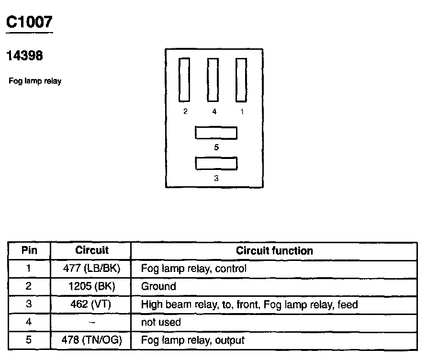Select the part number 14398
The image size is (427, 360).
[24, 56]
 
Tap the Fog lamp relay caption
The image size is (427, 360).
[35, 81]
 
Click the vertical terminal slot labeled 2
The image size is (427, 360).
[184, 80]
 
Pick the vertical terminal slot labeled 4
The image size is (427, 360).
[213, 80]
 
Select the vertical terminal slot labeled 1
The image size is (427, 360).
[241, 80]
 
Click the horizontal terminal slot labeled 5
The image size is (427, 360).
[216, 133]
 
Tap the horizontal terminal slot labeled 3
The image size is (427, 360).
[216, 163]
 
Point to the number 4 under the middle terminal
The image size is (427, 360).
[214, 112]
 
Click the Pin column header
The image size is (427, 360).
[29, 250]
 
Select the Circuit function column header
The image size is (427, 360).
[274, 250]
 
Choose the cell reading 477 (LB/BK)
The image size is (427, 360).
[90, 269]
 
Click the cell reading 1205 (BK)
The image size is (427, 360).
[90, 286]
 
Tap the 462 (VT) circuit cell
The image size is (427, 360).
[90, 304]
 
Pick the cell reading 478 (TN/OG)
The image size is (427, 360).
[90, 340]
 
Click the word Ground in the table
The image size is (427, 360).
[158, 286]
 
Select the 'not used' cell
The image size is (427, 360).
[161, 322]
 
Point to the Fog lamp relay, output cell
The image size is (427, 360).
[192, 340]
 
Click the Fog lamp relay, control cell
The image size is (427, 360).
[193, 269]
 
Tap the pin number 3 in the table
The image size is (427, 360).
[29, 304]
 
